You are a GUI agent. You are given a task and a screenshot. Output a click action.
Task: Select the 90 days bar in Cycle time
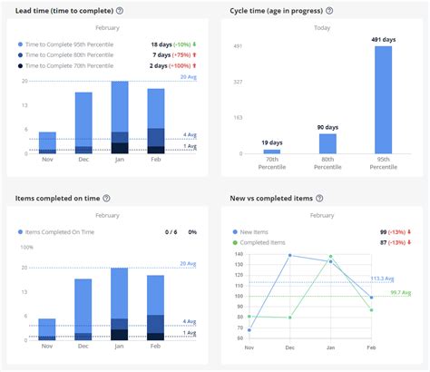pos(327,143)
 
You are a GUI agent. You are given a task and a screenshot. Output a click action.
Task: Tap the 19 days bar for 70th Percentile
pos(272,151)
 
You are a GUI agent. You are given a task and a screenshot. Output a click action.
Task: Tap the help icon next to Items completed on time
pos(106,198)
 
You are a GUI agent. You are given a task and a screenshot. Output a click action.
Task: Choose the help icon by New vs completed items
pos(322,198)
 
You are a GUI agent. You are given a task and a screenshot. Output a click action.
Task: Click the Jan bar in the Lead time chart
pos(119,118)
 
